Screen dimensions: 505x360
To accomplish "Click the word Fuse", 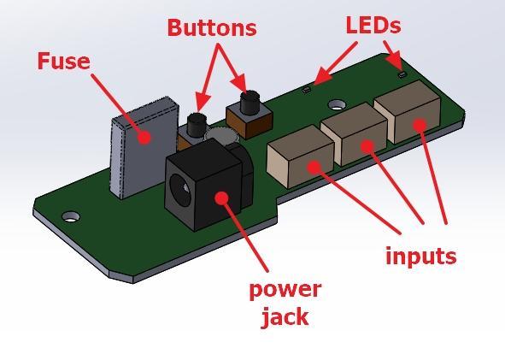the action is pos(64,61).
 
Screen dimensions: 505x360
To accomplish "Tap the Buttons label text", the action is pos(212,27).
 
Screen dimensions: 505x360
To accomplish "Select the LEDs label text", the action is pos(373,25).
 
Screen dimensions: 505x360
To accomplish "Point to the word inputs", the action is pos(421,257).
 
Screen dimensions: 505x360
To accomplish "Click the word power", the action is pos(285,290).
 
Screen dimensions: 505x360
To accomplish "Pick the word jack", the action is pos(285,317).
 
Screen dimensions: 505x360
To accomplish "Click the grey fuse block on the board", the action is pos(144,146).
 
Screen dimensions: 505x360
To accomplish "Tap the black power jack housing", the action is pos(206,186).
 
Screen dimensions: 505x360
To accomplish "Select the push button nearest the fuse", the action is pos(197,125).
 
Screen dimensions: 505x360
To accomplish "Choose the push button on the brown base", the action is pos(250,103).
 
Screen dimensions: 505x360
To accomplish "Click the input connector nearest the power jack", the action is pos(300,156).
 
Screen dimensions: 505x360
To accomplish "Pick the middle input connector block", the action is pos(355,134).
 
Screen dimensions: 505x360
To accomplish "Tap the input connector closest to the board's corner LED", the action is pos(408,112).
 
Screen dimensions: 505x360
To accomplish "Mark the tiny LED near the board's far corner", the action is pos(402,74).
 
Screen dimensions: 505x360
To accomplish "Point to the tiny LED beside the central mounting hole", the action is pos(307,90).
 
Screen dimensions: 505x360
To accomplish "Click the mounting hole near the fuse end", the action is pos(71,216).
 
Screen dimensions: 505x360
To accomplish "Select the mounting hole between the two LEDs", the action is pos(337,104).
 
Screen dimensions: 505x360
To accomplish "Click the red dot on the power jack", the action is pos(221,198).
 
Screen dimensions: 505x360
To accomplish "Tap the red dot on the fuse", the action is pos(144,138).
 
